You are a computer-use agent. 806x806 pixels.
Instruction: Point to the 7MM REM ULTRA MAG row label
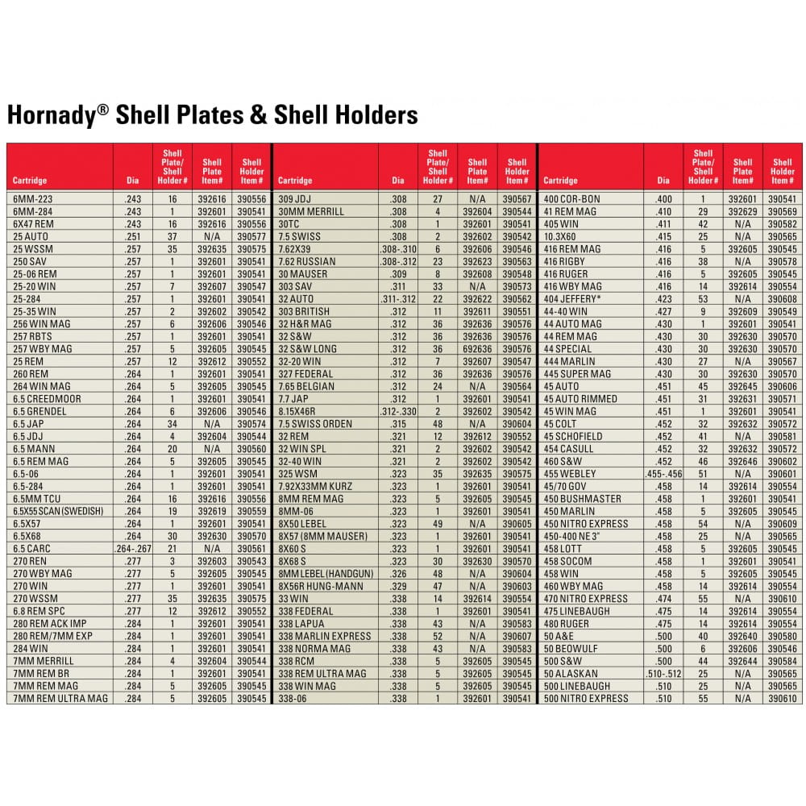pos(60,698)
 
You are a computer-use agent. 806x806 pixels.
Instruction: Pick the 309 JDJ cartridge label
pos(294,199)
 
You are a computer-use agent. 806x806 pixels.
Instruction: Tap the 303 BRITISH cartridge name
pos(304,311)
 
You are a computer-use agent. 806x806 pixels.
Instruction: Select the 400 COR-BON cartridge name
pos(572,199)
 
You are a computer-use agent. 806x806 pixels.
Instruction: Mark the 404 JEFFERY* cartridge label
pos(574,299)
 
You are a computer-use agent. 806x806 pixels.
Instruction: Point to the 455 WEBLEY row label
pos(570,474)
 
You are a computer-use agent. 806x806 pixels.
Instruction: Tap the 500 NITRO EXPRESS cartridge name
pos(586,698)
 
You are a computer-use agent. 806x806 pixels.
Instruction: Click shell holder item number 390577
pos(251,237)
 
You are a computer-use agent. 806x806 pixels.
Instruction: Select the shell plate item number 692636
pos(478,349)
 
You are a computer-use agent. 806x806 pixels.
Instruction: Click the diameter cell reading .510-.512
pos(663,673)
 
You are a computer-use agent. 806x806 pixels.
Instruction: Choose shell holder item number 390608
pos(783,299)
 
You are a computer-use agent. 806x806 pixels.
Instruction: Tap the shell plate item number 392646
pos(743,461)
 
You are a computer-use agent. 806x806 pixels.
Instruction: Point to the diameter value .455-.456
pos(663,474)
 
